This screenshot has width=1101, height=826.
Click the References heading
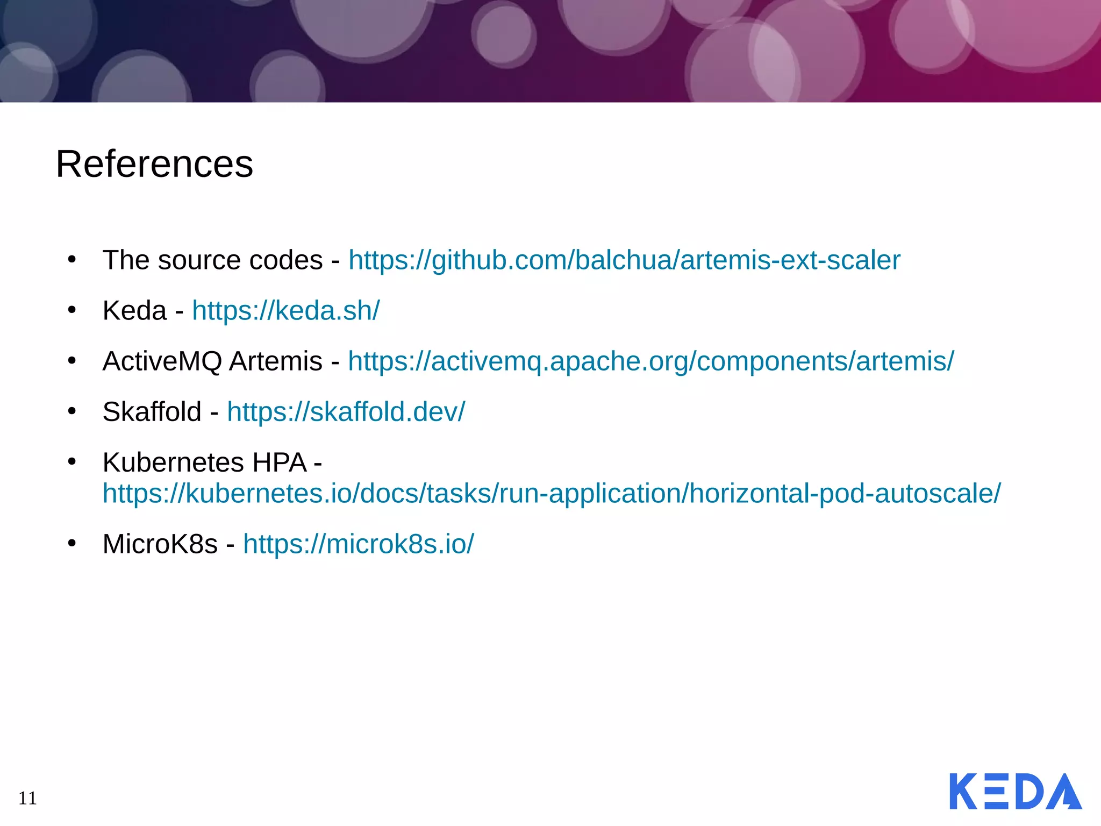(154, 164)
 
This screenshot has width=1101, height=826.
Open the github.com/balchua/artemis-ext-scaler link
(624, 260)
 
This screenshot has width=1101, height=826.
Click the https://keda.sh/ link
(285, 311)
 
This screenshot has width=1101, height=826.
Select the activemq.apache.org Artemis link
(650, 361)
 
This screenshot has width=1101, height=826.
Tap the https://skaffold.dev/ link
(346, 412)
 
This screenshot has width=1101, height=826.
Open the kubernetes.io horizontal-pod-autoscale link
(552, 493)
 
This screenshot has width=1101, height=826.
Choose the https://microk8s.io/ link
(359, 544)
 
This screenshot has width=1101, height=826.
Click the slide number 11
(27, 798)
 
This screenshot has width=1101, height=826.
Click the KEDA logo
(1015, 791)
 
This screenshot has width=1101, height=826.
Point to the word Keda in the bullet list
(134, 311)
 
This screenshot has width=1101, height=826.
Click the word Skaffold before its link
(152, 412)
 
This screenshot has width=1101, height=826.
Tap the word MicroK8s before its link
(160, 544)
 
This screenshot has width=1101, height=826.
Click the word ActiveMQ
(162, 361)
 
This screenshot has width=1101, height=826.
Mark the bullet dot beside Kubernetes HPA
(72, 461)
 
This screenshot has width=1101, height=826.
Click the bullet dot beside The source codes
(72, 259)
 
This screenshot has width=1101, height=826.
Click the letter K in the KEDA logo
(963, 791)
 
